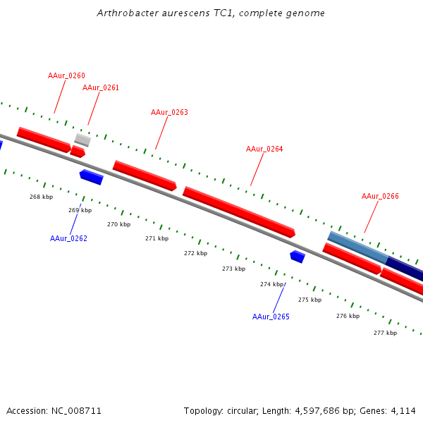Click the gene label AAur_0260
tap(66, 75)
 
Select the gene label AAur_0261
tap(101, 87)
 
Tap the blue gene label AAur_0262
tap(68, 238)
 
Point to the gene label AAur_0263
tap(169, 112)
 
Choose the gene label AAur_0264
tap(264, 149)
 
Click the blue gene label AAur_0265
tap(271, 317)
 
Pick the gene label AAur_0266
tap(380, 196)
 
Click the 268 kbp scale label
tap(41, 197)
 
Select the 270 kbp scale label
tap(118, 224)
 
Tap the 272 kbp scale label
tap(195, 253)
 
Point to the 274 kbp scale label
tap(271, 284)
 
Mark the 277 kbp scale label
tap(385, 333)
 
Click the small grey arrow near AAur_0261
tap(82, 140)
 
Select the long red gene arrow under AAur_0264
tap(238, 211)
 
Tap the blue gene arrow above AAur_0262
tap(92, 177)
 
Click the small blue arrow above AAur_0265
tap(298, 257)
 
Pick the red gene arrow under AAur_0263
tap(145, 176)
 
